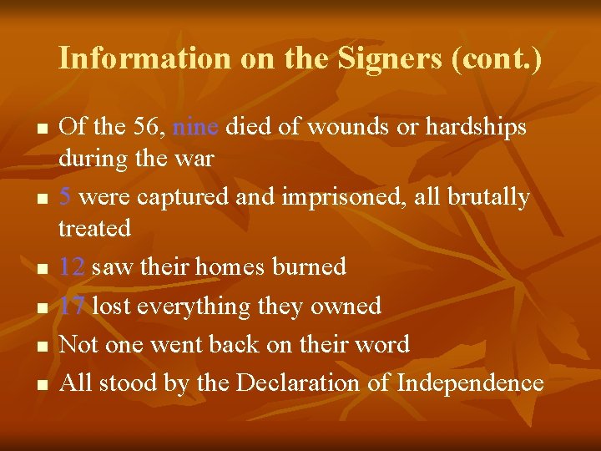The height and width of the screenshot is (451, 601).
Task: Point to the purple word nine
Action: click(195, 127)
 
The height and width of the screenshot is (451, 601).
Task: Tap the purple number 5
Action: click(65, 197)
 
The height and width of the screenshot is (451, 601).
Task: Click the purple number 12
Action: click(73, 267)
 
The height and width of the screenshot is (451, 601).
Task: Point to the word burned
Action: click(311, 267)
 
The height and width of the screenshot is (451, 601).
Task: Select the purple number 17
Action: click(73, 306)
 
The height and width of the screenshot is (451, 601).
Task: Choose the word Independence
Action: click(470, 383)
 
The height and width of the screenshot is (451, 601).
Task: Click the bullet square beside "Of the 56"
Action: click(40, 129)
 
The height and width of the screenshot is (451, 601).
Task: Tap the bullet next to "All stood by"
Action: click(40, 386)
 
